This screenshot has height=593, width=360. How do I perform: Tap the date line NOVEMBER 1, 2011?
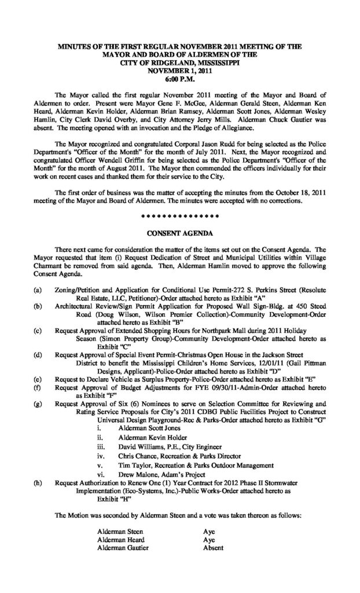click(x=181, y=72)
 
